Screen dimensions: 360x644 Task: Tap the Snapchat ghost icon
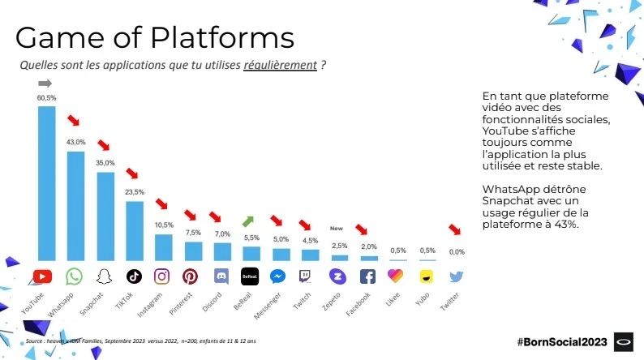click(105, 276)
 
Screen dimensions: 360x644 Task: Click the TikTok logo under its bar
click(134, 276)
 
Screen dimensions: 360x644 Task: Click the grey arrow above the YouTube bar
click(45, 84)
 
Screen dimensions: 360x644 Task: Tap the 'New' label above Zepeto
click(337, 229)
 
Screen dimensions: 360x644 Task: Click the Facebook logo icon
click(367, 276)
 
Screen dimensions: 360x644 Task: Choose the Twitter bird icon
click(455, 276)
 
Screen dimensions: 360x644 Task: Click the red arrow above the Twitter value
click(455, 230)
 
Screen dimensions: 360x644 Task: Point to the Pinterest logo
click(191, 276)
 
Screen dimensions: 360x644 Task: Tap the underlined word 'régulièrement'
click(280, 65)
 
